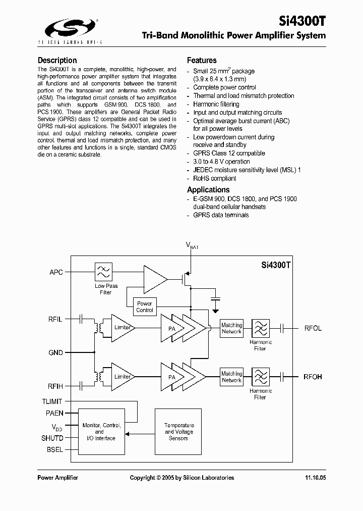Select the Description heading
click(57, 60)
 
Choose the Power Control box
click(144, 306)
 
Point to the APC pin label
click(56, 272)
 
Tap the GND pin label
click(55, 352)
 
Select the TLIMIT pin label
click(52, 401)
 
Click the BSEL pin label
click(55, 449)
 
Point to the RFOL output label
click(313, 328)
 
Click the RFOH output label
click(313, 377)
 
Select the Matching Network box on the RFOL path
click(231, 328)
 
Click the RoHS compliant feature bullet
click(215, 178)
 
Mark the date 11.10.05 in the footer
click(315, 478)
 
